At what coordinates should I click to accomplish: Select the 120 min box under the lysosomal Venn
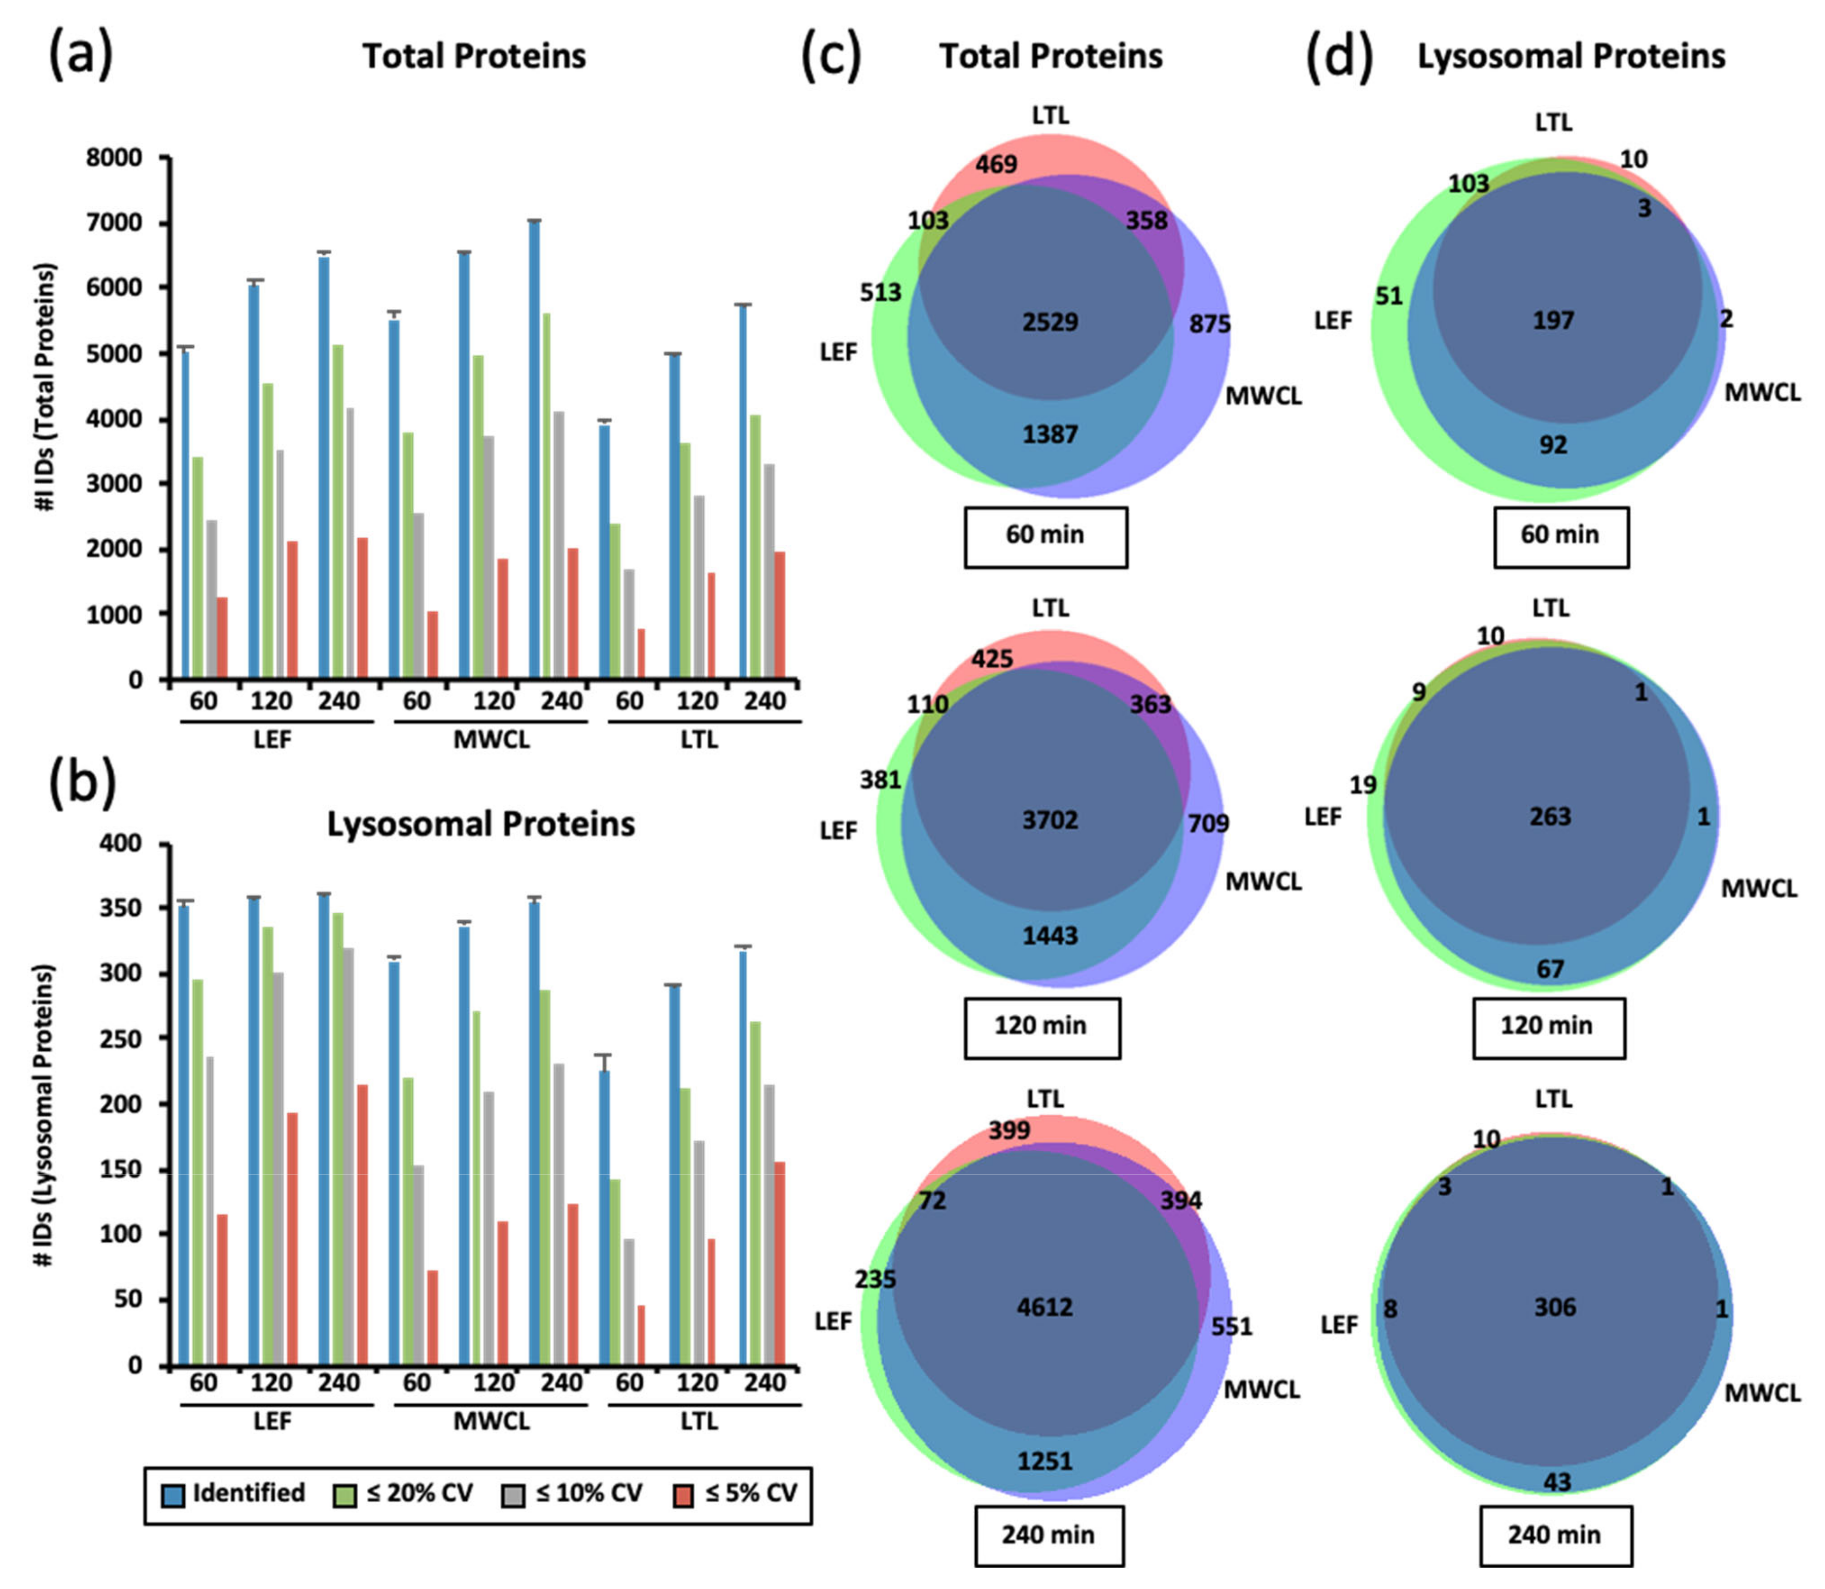(x=1548, y=1026)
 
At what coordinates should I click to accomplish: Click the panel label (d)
(x=1339, y=57)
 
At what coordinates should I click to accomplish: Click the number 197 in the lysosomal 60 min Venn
(x=1553, y=320)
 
